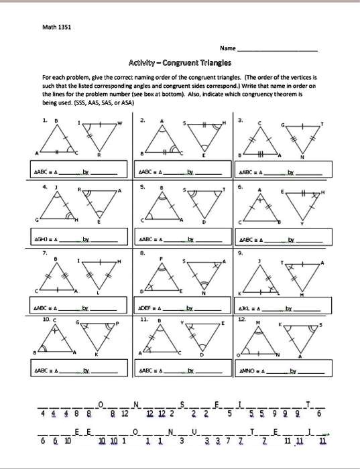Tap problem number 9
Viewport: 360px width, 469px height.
coord(240,253)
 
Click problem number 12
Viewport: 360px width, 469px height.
coord(242,320)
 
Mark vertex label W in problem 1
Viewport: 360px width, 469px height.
coord(121,123)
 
